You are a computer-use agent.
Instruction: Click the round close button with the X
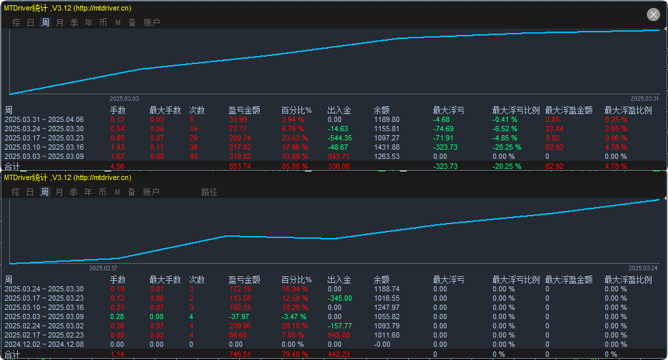[x=653, y=15]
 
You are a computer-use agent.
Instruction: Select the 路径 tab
[x=209, y=193]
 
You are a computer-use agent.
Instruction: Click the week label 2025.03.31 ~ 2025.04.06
[x=44, y=120]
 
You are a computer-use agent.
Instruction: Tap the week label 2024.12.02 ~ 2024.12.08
[x=44, y=344]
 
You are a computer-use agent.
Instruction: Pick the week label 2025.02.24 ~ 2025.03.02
[x=44, y=326]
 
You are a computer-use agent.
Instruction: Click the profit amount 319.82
[x=239, y=157]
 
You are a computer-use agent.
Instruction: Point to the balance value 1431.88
[x=386, y=148]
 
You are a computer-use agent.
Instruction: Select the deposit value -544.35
[x=340, y=138]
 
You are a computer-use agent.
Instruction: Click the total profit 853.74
[x=239, y=167]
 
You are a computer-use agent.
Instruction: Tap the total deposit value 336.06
[x=340, y=167]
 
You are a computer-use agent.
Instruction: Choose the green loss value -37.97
[x=239, y=316]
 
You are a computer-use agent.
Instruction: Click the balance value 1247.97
[x=386, y=307]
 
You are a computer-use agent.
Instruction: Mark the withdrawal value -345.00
[x=340, y=298]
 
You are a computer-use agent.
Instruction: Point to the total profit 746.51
[x=239, y=355]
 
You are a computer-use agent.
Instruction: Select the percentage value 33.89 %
[x=293, y=157]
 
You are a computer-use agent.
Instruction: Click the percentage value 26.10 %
[x=293, y=326]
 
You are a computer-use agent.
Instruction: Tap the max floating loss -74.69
[x=443, y=129]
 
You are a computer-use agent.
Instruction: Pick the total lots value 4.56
[x=117, y=167]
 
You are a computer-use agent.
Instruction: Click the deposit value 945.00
[x=340, y=335]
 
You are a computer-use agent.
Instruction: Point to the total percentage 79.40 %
[x=293, y=355]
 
